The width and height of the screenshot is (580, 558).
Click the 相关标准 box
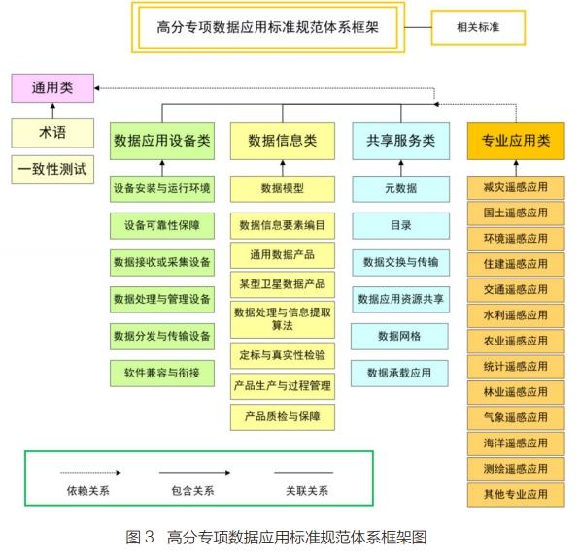478,27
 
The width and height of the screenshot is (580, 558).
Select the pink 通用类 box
52,88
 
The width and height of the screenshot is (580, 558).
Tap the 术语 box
52,133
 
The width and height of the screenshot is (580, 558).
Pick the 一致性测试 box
52,170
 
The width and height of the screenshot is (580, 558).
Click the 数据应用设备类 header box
162,141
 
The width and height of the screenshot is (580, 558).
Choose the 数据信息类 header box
283,141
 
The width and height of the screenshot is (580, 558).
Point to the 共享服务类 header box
401,141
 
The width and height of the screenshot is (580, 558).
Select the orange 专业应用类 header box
516,141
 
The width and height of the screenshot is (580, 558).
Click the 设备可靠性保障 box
162,226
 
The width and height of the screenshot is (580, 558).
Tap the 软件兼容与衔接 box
162,374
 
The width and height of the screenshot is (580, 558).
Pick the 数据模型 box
283,189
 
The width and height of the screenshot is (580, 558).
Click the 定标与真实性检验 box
283,355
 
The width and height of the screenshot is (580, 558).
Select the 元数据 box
401,189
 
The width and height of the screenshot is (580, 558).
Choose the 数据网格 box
399,337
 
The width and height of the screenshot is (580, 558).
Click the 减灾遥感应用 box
516,187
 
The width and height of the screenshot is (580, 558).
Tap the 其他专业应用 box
516,495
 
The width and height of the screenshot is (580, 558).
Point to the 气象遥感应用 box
516,418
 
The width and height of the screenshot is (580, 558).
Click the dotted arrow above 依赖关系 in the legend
90,473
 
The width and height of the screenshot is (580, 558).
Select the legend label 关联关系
307,491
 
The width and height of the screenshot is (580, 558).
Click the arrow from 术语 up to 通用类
52,111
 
